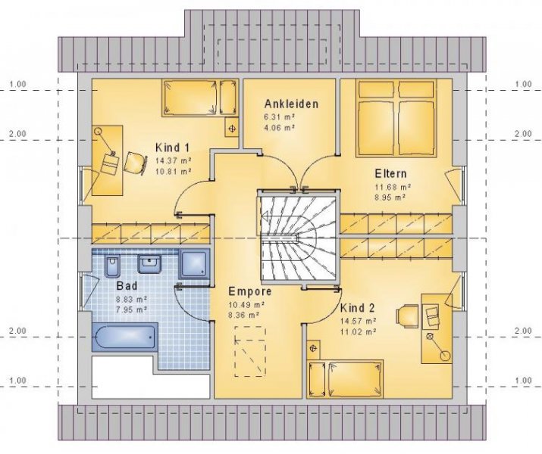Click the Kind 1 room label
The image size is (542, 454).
[x=172, y=147]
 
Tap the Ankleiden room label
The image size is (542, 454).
[x=291, y=104]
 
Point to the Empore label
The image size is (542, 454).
[x=249, y=290]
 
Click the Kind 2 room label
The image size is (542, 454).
[x=358, y=308]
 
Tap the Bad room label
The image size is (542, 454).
[x=127, y=287]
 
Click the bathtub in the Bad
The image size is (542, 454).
[x=125, y=336]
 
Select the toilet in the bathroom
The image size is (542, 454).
[x=113, y=266]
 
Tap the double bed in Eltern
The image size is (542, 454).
[x=396, y=117]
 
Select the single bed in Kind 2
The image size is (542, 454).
[x=345, y=376]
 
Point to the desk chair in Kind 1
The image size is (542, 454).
[x=135, y=161]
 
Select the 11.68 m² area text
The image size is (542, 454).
[x=392, y=186]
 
